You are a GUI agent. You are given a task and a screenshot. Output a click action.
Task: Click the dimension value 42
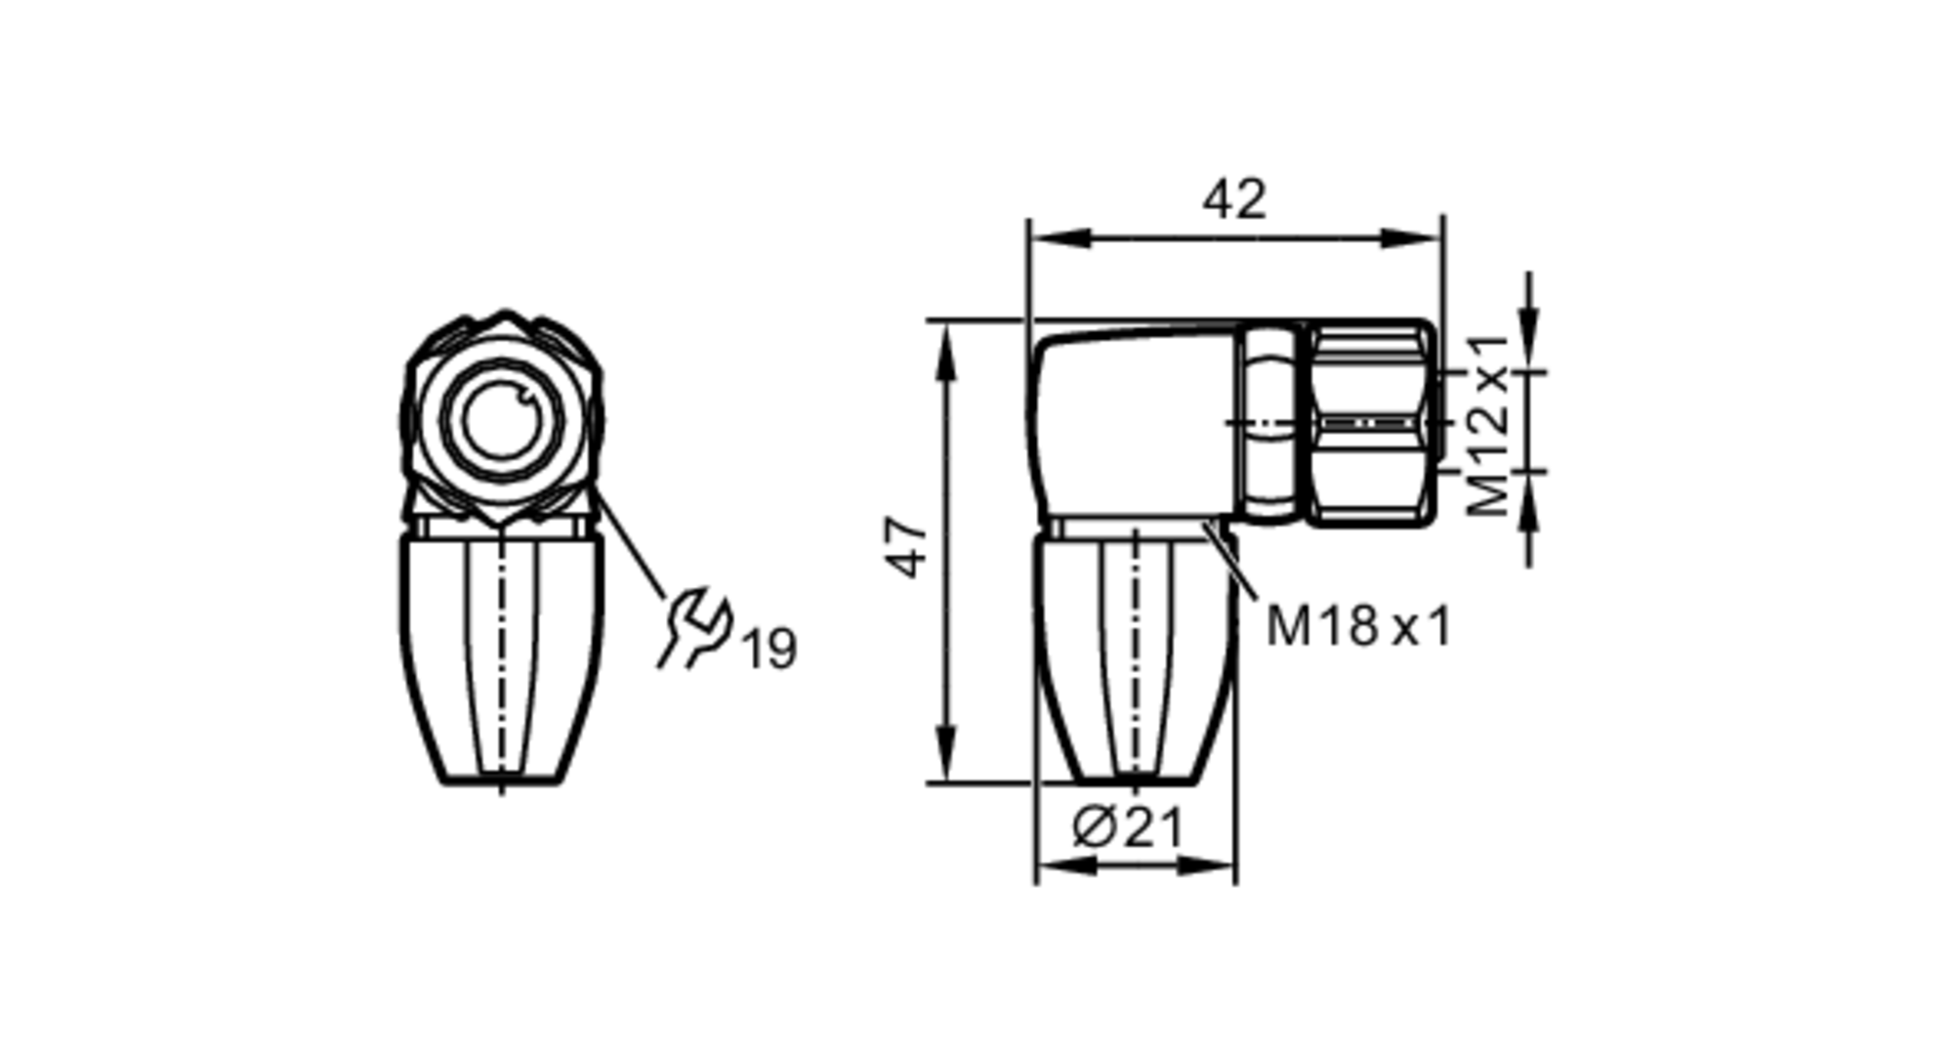(1234, 200)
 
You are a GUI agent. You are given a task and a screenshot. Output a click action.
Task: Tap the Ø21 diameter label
(1128, 827)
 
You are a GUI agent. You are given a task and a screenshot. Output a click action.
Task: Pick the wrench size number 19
(770, 649)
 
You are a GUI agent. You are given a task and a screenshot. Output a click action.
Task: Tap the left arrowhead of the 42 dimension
(1060, 238)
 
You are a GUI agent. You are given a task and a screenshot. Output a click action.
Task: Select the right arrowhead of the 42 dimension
(1412, 238)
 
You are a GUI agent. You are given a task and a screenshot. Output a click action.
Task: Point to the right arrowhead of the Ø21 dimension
(1207, 865)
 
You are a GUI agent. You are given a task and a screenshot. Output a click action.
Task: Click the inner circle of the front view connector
(501, 420)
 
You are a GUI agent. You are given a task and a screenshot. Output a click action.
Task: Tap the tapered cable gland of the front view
(501, 659)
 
